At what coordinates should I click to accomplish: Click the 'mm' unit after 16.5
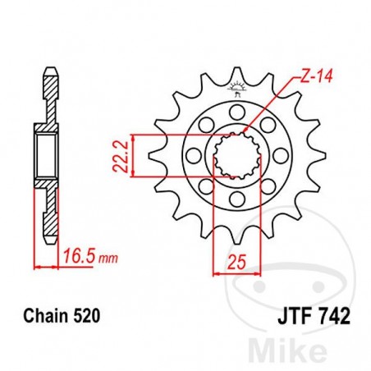105,260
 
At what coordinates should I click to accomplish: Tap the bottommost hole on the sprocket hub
239,199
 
